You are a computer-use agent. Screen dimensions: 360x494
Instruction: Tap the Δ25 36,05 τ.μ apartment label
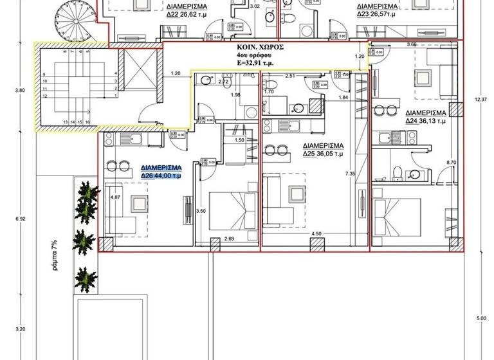324,154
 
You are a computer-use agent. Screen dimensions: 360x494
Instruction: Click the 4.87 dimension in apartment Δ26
116,197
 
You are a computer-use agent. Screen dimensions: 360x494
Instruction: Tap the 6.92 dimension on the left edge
19,219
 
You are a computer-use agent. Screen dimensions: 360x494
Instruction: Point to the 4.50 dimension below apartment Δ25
316,233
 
